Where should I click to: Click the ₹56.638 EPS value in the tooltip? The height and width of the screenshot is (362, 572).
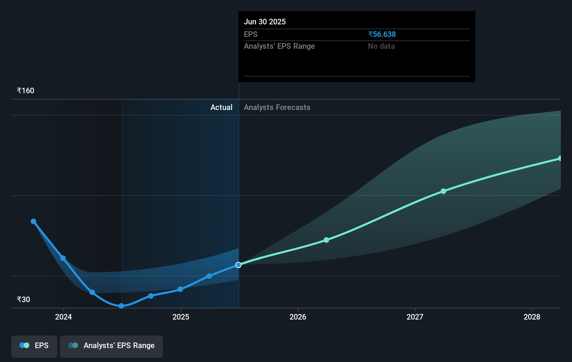point(382,34)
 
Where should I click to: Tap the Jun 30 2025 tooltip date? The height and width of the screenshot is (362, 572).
point(265,22)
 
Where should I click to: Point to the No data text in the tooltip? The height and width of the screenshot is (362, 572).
point(381,46)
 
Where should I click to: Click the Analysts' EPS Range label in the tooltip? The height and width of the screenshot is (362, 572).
point(279,46)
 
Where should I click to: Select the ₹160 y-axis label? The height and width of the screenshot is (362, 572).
point(25,90)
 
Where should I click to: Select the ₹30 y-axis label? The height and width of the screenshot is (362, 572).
point(23,299)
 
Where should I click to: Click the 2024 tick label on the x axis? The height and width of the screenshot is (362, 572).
point(63,317)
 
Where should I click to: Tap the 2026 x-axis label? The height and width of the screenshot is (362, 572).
point(298,317)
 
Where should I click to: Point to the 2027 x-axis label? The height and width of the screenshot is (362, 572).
point(415,317)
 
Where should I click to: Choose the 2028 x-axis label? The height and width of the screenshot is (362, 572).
point(532,317)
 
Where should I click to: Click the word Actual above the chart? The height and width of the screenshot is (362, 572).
point(221,107)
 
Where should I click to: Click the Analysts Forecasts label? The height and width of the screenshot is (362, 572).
point(277,107)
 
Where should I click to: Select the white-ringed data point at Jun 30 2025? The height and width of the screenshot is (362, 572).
point(238,265)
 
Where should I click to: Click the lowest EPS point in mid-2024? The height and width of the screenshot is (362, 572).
point(121,306)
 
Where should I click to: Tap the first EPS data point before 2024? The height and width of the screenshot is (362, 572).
point(33,221)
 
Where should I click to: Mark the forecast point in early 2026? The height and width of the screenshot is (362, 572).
point(326,240)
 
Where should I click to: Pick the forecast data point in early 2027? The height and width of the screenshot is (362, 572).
point(443,191)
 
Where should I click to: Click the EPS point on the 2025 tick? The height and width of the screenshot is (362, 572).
point(180,289)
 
